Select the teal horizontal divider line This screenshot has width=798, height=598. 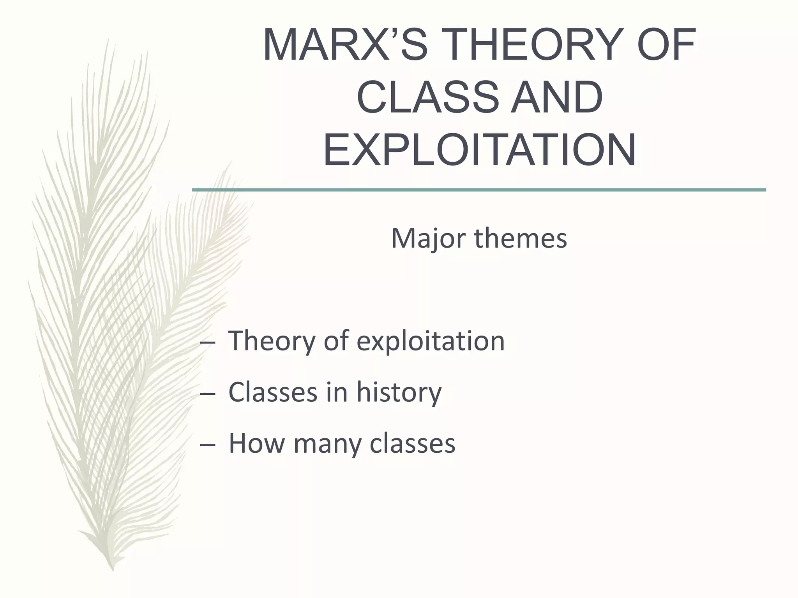point(479,190)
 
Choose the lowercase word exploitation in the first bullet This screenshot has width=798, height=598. point(431,341)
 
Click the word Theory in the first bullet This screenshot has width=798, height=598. point(271,341)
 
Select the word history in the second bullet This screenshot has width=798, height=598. point(399,392)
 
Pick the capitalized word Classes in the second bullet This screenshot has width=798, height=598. point(273,392)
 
